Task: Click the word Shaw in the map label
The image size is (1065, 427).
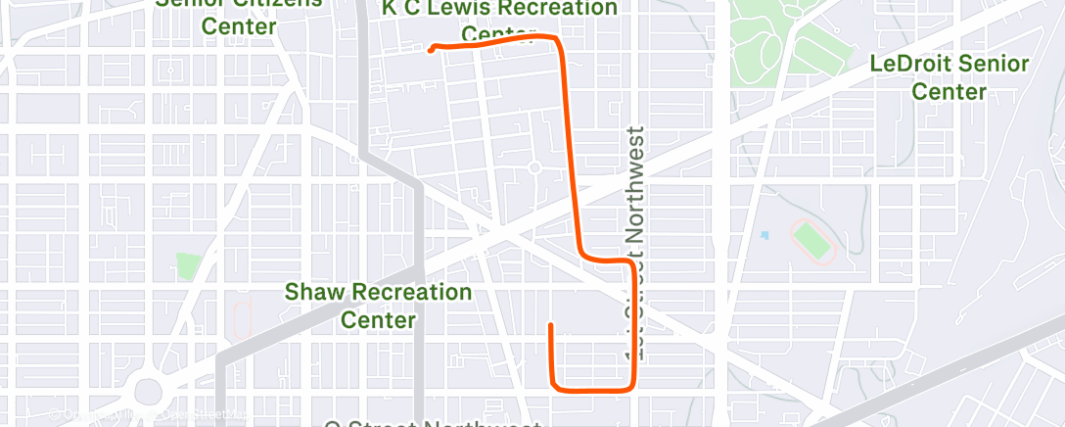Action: [315, 292]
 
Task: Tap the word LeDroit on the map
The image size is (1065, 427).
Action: [907, 65]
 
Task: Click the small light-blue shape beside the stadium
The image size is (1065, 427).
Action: [764, 236]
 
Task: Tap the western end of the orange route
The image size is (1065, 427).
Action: [431, 50]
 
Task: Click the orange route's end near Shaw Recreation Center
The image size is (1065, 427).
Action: [552, 325]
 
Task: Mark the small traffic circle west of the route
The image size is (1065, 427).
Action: [534, 167]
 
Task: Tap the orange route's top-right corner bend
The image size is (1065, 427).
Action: [557, 40]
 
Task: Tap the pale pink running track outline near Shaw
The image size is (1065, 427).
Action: [243, 317]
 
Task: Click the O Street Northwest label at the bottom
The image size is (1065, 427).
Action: [432, 423]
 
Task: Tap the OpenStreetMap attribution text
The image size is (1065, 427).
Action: [147, 414]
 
